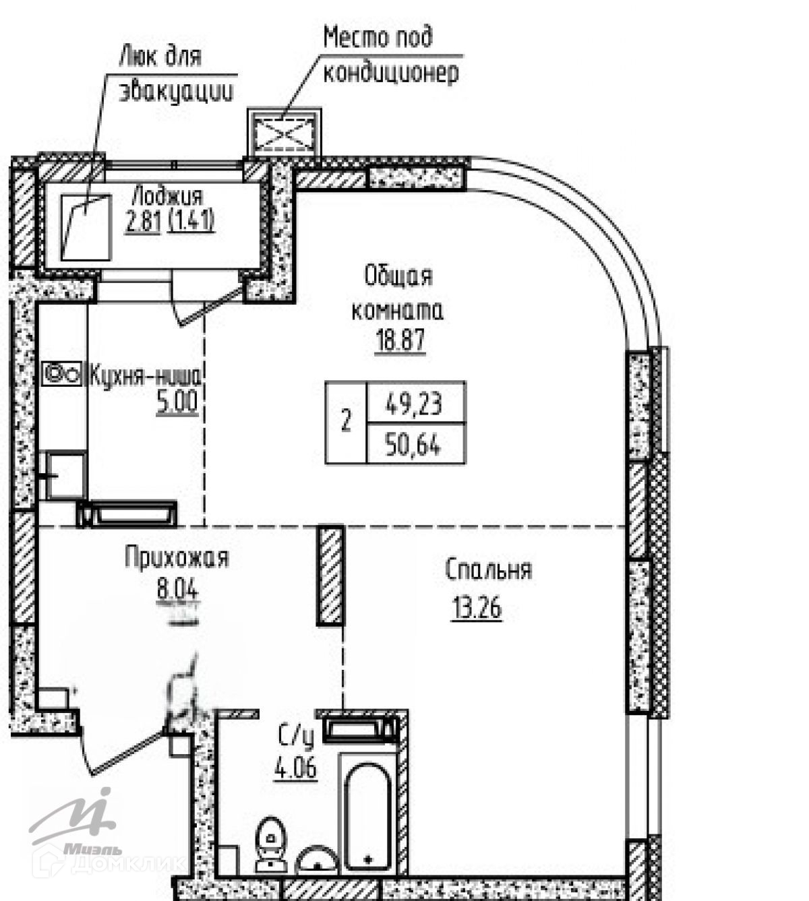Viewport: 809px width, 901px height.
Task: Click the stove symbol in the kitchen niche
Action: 61,373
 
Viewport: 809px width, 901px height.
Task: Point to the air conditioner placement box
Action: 284,132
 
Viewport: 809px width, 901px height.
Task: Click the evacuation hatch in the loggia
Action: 86,226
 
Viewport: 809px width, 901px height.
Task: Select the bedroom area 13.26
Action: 476,609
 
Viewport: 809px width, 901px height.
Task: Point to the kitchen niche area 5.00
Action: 177,403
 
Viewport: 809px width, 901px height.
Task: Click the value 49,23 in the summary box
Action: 414,404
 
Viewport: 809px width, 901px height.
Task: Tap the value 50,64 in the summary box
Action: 414,445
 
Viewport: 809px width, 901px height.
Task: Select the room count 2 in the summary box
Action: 346,423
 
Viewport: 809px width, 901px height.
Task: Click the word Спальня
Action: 488,571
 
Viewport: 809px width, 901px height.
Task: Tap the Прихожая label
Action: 177,559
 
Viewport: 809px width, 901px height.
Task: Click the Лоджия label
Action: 167,196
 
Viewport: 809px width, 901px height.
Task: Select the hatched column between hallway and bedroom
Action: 330,575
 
